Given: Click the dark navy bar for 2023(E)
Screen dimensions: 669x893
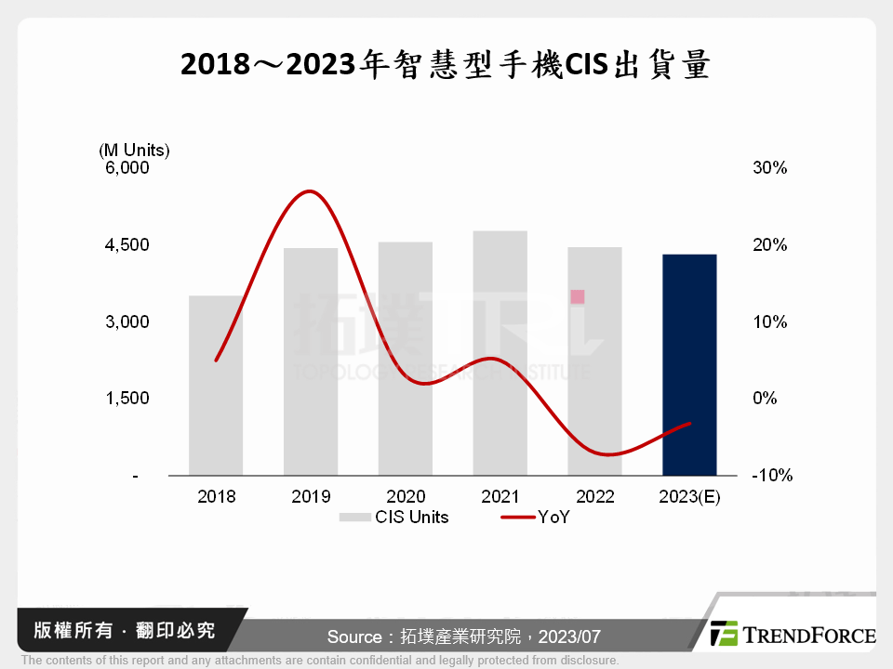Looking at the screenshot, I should tap(689, 364).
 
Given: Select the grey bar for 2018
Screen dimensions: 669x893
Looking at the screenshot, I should tap(216, 386).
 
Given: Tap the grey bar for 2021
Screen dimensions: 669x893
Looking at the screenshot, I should tap(500, 353).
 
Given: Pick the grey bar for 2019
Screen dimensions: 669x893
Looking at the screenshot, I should tap(311, 361).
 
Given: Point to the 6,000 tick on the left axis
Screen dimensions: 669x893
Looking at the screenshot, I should tap(127, 168).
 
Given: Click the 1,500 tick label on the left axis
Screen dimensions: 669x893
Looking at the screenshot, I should tap(127, 399).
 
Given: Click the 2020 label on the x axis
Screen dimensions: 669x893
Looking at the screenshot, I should tap(406, 496).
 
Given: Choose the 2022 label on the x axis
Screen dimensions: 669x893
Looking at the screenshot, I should tap(594, 496).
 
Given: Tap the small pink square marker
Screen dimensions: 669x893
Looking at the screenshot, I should tap(578, 296).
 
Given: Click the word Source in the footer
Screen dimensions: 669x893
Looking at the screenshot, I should tap(353, 637).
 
